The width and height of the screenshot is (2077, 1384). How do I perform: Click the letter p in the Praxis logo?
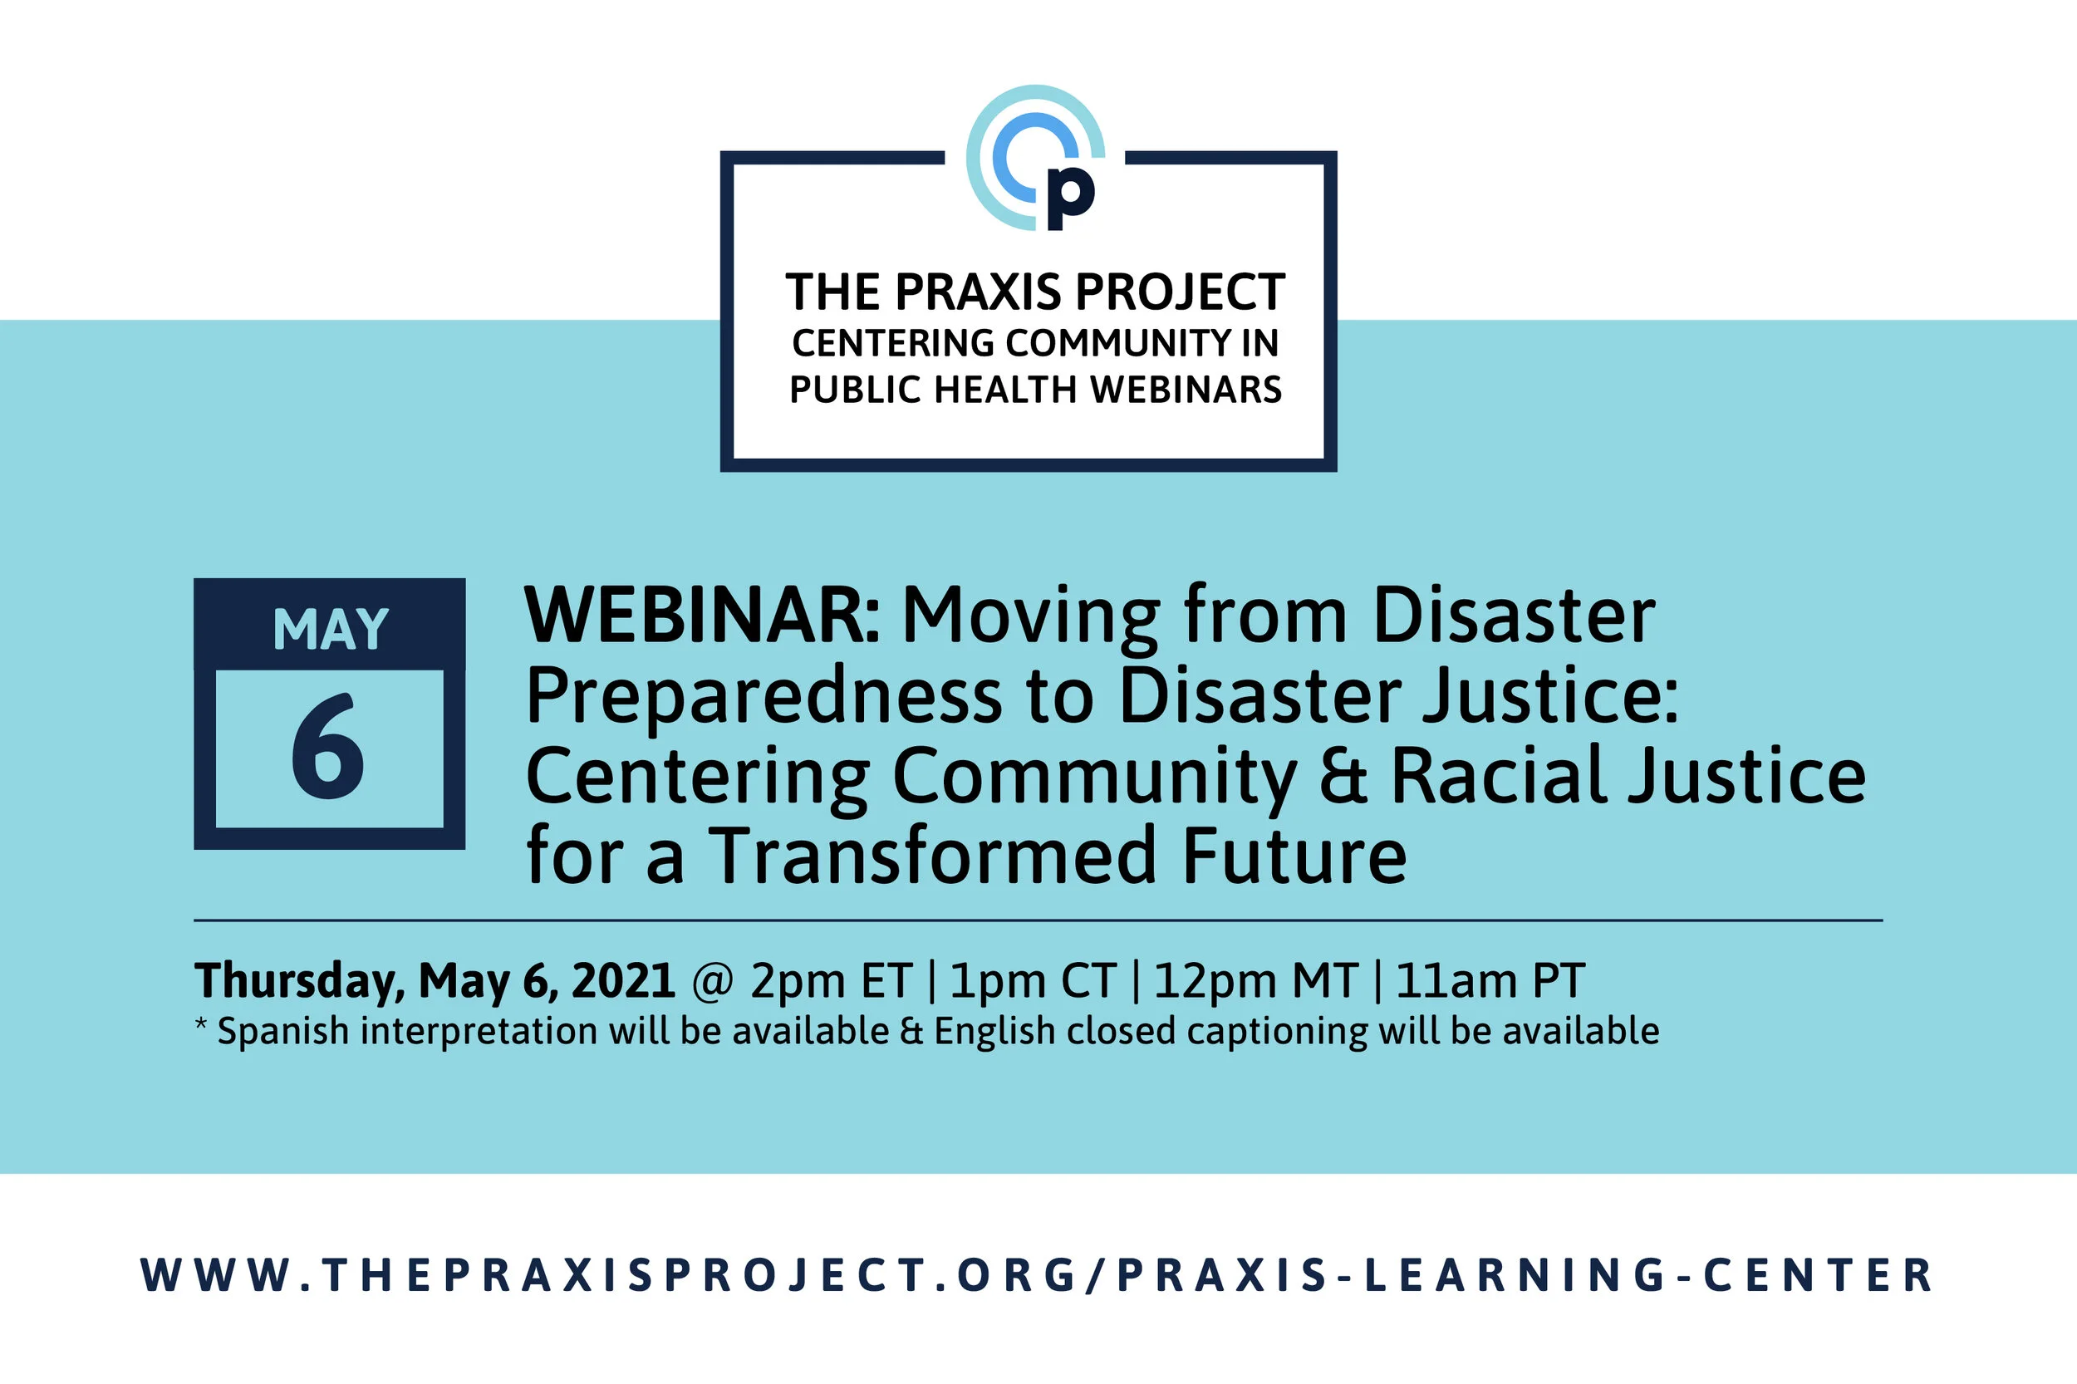(1069, 196)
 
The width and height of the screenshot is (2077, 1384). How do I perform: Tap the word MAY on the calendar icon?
(330, 630)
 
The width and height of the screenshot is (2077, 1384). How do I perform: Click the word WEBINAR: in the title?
(702, 616)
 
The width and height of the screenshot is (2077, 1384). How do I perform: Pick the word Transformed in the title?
(932, 856)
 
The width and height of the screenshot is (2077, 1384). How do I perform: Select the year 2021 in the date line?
(623, 980)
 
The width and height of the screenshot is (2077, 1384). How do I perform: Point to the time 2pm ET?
(831, 980)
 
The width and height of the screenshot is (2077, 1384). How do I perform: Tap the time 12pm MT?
(1255, 980)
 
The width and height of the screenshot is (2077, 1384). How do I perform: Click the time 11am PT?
(1490, 980)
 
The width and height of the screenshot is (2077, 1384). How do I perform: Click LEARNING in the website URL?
(1515, 1275)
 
